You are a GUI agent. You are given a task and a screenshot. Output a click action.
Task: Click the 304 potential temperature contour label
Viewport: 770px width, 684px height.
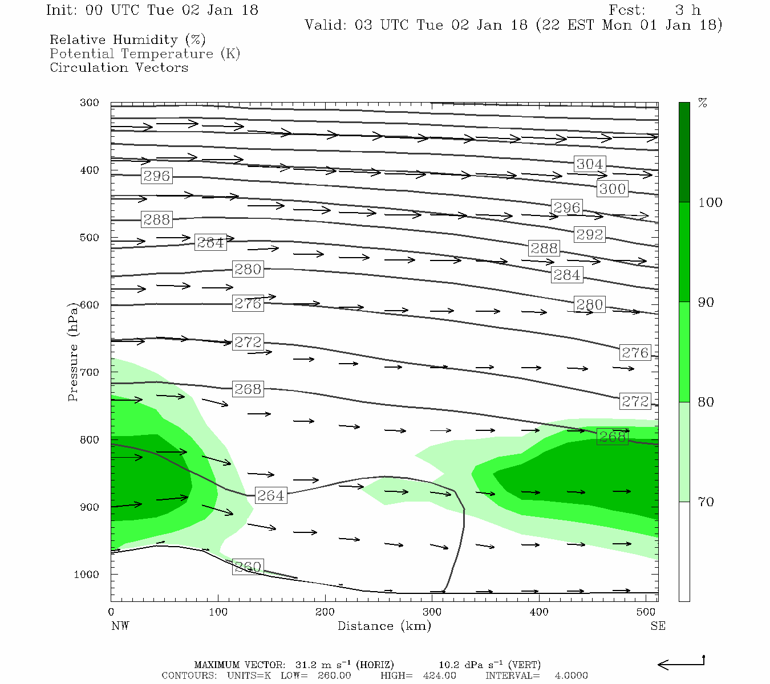589,164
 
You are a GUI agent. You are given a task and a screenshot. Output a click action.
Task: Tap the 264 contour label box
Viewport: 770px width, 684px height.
270,495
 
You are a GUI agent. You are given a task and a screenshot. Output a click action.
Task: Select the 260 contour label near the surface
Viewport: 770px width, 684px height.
248,567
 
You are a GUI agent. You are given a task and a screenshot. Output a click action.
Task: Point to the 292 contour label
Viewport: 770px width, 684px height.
589,234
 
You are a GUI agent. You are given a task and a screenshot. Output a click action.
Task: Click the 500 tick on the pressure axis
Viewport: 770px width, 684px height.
90,238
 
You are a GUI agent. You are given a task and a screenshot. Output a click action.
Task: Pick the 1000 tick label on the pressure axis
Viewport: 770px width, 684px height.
86,575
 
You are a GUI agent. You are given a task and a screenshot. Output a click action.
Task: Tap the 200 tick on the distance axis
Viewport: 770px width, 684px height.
325,612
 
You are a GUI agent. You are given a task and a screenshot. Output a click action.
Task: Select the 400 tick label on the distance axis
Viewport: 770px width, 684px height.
539,612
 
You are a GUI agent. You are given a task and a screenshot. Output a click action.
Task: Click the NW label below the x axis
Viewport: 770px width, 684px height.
120,626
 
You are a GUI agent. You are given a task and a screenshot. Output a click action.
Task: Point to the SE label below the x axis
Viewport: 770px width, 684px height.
658,626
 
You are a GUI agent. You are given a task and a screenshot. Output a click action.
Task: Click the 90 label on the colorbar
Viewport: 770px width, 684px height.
706,303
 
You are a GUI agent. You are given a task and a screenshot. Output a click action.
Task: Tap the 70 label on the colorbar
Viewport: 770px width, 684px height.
706,502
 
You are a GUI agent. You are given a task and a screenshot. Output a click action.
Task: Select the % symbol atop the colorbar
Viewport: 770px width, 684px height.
703,103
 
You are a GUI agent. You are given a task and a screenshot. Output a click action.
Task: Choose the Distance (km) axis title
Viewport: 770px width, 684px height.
384,626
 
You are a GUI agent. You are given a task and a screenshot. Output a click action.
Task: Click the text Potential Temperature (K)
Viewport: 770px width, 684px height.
145,54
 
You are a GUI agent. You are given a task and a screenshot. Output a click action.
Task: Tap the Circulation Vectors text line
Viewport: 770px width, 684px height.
119,67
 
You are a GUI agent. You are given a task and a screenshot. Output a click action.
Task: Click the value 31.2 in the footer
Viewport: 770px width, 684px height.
307,665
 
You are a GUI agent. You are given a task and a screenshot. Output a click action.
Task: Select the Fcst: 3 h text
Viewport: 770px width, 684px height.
654,10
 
